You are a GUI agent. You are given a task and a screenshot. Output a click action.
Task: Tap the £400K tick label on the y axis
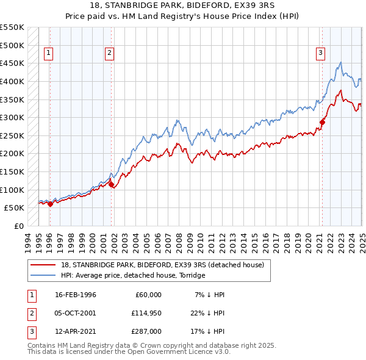(x=12, y=81)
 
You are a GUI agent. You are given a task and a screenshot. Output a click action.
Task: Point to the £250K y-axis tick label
(x=12, y=135)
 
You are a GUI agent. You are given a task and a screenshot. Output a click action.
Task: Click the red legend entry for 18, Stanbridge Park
(x=162, y=265)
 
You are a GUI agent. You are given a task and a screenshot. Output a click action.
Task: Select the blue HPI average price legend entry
(x=133, y=275)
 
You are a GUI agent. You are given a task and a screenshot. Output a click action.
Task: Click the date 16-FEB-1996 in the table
(x=76, y=295)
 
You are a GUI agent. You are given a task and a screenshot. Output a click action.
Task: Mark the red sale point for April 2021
(x=322, y=122)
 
